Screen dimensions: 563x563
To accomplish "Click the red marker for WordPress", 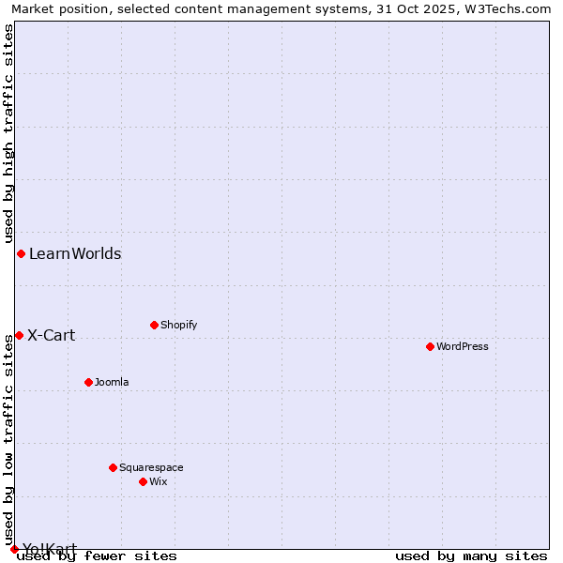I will pos(430,346).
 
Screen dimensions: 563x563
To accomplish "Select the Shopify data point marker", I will pos(154,325).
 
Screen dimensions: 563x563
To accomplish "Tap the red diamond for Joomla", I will pos(88,382).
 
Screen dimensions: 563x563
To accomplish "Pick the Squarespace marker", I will pos(113,467).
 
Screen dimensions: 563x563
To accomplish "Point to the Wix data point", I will pos(143,481).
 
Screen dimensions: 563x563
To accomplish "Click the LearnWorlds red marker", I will pos(21,253).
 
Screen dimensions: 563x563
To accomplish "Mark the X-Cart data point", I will pos(19,335).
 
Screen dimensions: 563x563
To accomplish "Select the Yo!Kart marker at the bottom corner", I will pos(14,549).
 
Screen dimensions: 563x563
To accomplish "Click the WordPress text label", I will pos(463,346).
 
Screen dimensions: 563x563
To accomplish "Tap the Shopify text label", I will pos(178,325).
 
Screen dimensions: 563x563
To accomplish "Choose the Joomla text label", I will pos(112,382).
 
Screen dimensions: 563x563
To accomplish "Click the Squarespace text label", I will pos(151,467).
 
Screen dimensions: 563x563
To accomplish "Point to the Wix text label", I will pos(158,481).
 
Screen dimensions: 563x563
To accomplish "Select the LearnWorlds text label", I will pos(75,253).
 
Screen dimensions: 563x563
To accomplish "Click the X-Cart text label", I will pos(52,335).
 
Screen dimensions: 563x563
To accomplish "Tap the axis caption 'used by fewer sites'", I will pos(97,555).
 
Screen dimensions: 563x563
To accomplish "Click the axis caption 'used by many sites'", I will pos(471,555).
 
